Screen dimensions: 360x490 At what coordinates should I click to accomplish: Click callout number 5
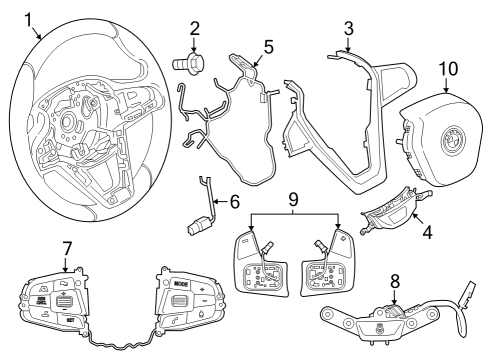click(x=267, y=46)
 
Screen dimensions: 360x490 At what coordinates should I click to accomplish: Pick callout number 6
click(x=234, y=200)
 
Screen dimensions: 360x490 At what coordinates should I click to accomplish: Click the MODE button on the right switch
click(x=181, y=284)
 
